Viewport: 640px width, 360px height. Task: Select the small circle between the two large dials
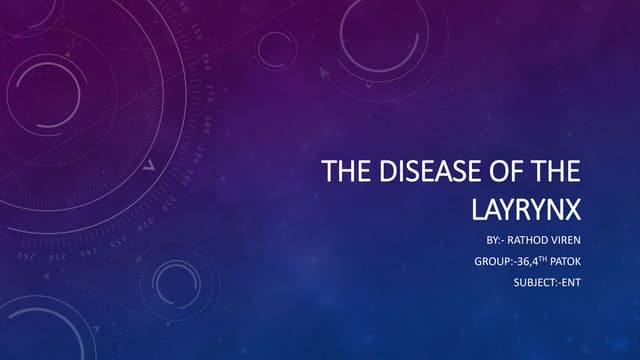click(276, 49)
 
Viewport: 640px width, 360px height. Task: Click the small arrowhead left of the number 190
click(149, 166)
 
